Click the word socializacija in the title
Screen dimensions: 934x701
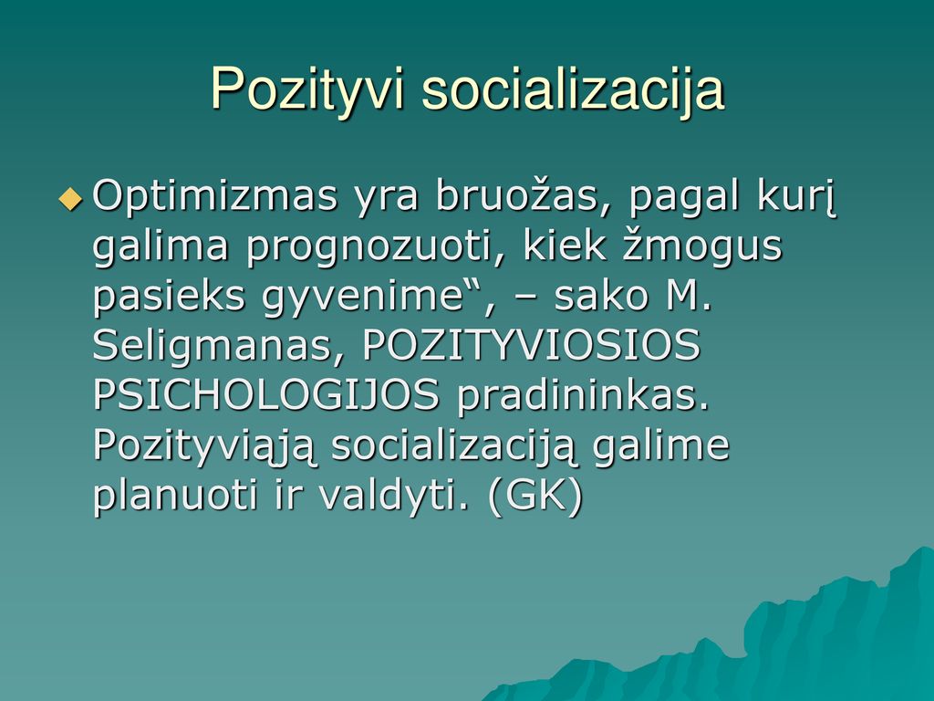click(x=573, y=90)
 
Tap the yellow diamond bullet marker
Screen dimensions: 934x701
click(x=71, y=198)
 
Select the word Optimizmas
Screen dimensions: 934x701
click(x=215, y=197)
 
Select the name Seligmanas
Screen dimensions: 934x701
click(x=213, y=346)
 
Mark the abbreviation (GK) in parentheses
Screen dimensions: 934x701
click(x=534, y=496)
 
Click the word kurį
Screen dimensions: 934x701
click(x=797, y=197)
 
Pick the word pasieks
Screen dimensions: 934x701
click(x=169, y=296)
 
